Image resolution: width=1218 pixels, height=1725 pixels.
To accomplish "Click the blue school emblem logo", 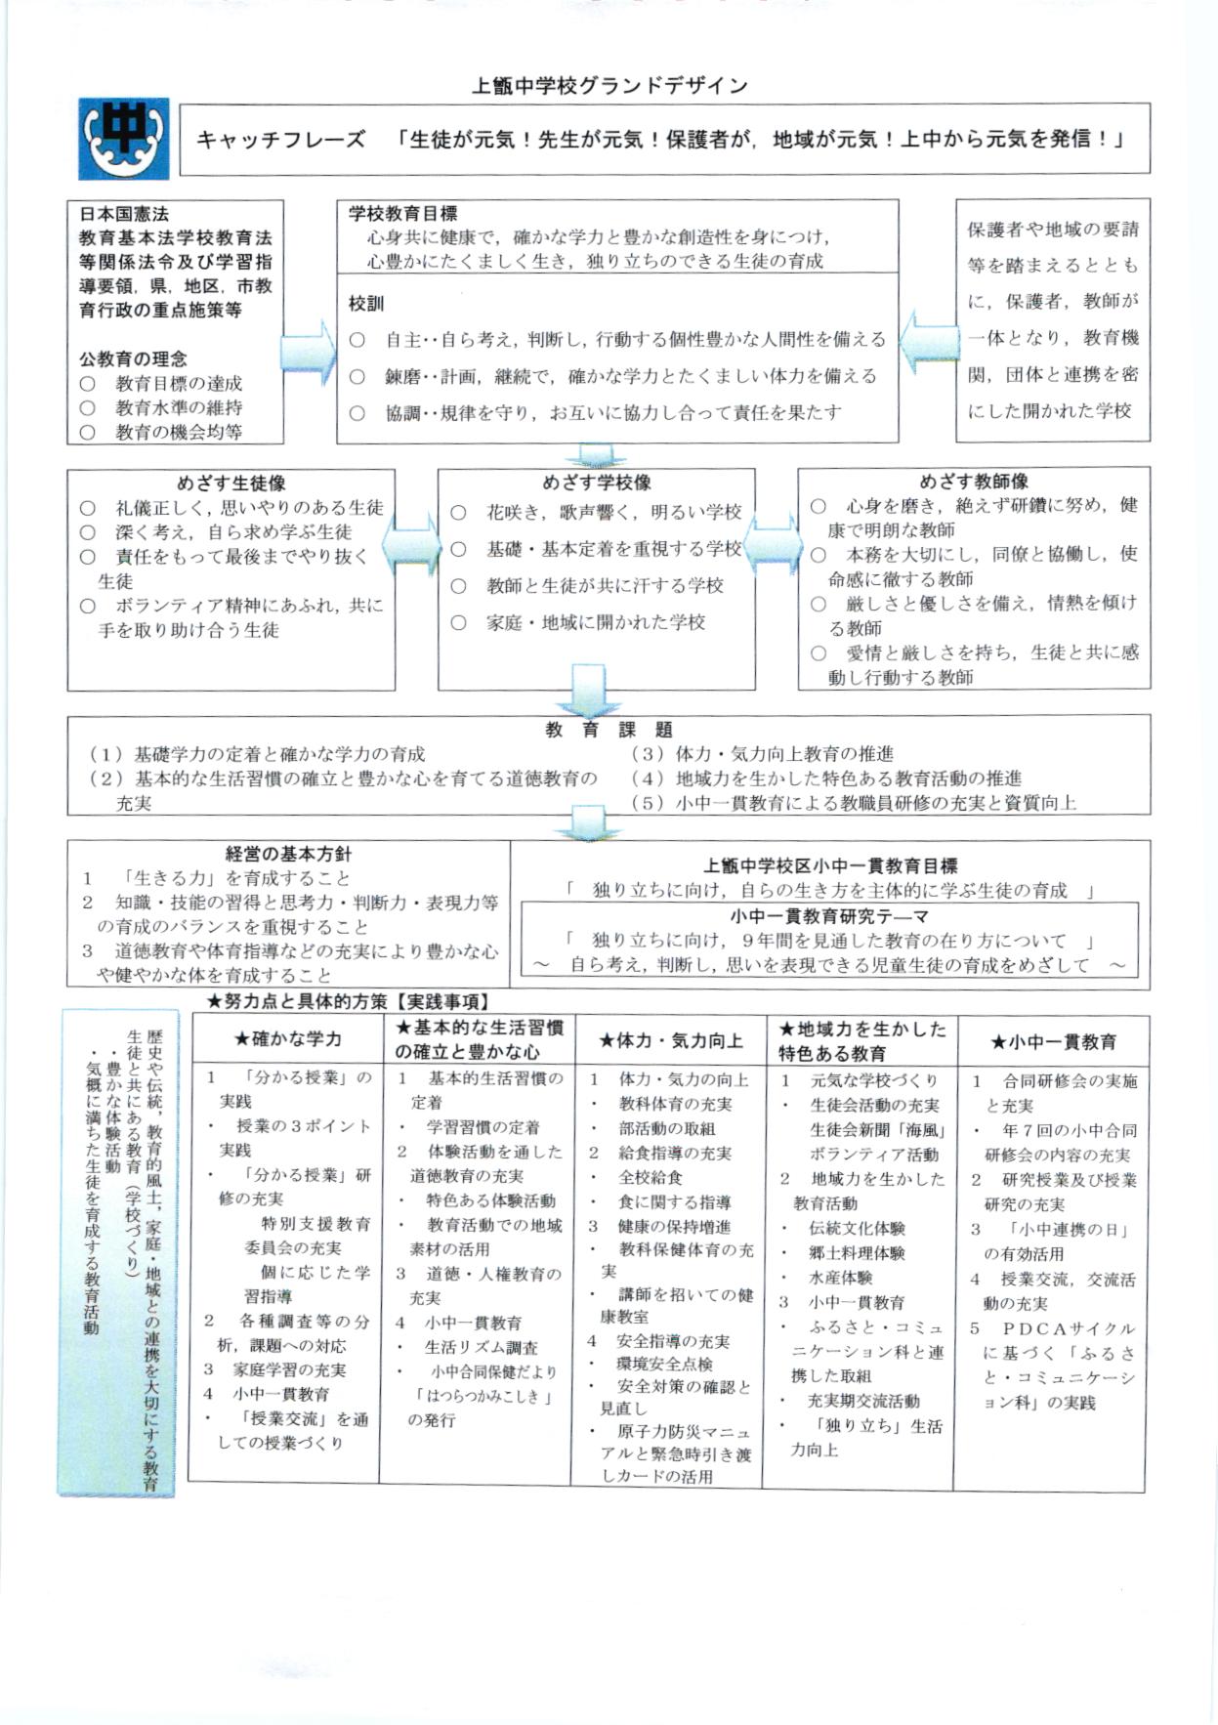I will click(x=124, y=138).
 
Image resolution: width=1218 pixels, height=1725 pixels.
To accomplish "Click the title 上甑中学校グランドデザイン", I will click(x=609, y=86).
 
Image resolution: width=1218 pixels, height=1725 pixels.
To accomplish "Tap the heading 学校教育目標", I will click(x=402, y=213).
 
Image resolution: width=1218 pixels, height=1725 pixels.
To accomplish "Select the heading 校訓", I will click(x=366, y=304).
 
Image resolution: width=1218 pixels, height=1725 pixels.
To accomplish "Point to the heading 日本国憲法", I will click(x=124, y=213).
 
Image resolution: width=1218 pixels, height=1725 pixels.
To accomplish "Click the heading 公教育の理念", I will click(x=133, y=358).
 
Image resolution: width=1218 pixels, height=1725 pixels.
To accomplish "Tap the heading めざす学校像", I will click(x=597, y=483).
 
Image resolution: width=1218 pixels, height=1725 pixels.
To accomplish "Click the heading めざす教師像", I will click(x=973, y=481).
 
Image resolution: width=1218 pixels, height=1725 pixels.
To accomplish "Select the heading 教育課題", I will click(x=609, y=730).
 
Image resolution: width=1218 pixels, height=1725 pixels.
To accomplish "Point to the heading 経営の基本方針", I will click(x=288, y=854).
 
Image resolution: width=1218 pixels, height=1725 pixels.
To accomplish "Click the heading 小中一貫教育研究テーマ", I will click(x=829, y=916).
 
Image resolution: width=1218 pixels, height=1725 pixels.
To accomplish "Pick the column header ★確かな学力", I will click(x=288, y=1039).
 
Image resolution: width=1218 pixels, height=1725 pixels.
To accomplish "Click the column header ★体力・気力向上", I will click(x=671, y=1041).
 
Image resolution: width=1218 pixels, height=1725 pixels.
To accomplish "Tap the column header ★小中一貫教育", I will click(x=1053, y=1042).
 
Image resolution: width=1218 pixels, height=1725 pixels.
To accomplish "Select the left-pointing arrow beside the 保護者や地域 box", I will click(x=927, y=342).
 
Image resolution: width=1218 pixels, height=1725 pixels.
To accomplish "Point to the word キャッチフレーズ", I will click(x=281, y=140).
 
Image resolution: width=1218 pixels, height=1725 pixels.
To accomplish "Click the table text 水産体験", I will click(x=840, y=1277).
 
